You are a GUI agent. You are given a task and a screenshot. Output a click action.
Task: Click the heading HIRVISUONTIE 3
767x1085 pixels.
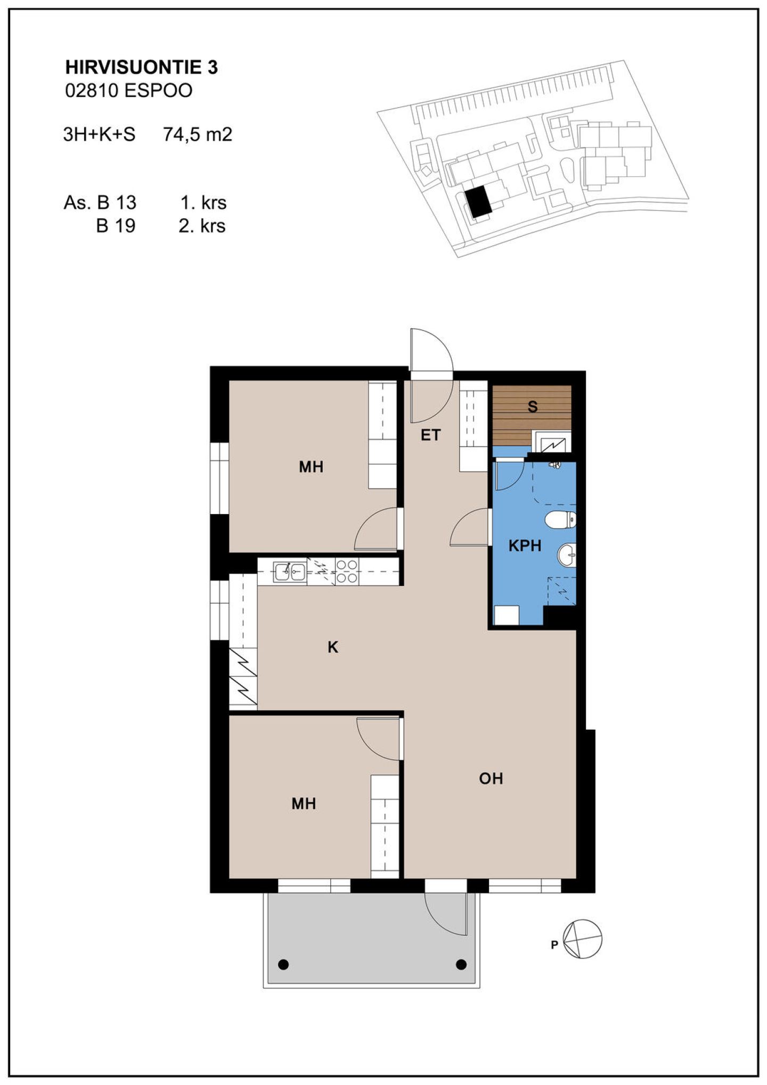point(141,67)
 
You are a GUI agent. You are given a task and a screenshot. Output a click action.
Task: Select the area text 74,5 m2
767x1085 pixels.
point(198,134)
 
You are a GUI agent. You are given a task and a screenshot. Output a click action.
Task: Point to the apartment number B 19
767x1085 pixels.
point(116,226)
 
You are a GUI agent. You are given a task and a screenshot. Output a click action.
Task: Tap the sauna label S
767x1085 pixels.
point(533,406)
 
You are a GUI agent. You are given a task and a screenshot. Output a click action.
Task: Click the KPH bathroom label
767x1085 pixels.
point(525,545)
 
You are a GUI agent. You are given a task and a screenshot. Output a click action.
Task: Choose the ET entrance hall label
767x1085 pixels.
point(430,435)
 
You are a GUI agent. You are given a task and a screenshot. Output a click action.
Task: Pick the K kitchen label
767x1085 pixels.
point(333,647)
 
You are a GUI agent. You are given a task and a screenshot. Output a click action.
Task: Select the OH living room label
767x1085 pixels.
point(491,779)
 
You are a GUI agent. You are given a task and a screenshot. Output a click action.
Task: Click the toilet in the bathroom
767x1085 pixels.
point(560,519)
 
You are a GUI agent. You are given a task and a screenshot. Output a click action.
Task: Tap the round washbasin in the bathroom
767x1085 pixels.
point(567,555)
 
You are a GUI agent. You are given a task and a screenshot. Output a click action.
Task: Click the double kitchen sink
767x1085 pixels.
point(290,572)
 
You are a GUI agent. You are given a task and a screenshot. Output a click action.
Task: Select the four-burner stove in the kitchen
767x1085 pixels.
point(347,572)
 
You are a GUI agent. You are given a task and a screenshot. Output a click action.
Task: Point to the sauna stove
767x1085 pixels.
point(552,442)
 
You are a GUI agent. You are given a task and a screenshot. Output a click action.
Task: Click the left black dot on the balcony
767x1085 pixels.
point(283,962)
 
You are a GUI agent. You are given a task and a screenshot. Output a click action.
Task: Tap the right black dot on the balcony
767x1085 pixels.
point(461,962)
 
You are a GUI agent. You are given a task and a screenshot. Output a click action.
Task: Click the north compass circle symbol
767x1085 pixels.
point(582,939)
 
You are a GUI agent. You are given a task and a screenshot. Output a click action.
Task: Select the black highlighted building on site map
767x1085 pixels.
point(478,201)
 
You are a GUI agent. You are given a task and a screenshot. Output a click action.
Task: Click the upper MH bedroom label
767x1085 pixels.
point(311,467)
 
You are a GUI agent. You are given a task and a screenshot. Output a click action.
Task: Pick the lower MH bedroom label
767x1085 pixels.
point(304,804)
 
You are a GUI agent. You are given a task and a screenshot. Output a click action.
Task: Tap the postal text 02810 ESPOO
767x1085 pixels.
point(128,91)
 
